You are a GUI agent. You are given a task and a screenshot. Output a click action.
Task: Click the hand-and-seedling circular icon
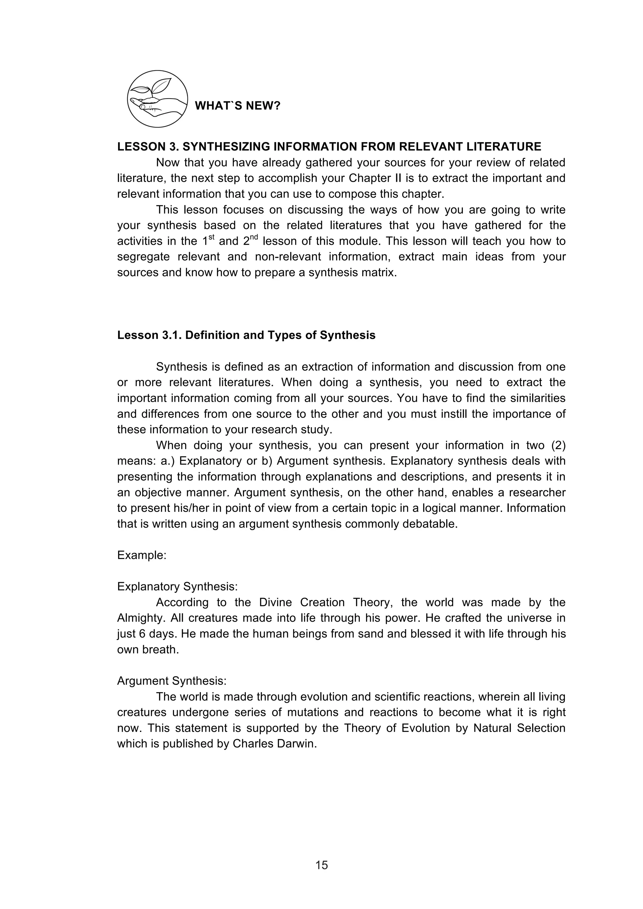[x=157, y=99]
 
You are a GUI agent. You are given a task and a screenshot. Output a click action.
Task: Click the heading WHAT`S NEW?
[x=238, y=106]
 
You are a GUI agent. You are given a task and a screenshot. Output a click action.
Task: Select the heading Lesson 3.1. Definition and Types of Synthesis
[x=246, y=335]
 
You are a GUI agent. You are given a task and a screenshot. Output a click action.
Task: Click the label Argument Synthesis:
[x=171, y=681]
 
